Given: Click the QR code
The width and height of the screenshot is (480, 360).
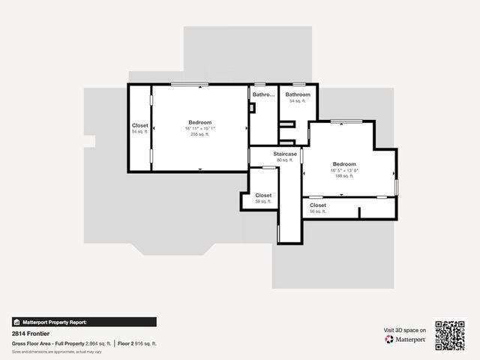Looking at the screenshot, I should coord(450,335).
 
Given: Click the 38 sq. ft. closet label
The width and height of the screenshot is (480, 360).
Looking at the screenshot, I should coord(263,198).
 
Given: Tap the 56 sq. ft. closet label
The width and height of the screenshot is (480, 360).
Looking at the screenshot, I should coord(318,208).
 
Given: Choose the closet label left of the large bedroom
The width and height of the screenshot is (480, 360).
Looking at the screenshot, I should coord(140,128).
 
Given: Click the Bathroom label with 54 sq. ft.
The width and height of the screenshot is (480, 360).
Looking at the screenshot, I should coord(297,97).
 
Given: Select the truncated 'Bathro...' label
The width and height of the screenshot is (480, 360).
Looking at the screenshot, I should coord(262,94).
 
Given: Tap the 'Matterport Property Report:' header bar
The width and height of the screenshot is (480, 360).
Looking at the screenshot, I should coord(84,322).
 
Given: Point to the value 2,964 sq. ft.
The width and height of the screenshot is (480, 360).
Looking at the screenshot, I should coord(98,343).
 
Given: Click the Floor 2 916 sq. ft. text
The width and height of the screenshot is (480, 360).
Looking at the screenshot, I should coord(137,343).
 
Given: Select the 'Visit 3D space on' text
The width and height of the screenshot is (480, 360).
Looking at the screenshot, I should coord(405,330).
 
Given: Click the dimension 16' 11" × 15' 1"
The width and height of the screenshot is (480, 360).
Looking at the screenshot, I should coord(199,128).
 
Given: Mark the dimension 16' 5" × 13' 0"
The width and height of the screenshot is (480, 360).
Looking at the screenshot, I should coord(344,170).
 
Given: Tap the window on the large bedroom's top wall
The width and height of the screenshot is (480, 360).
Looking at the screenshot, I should coord(189,84).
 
